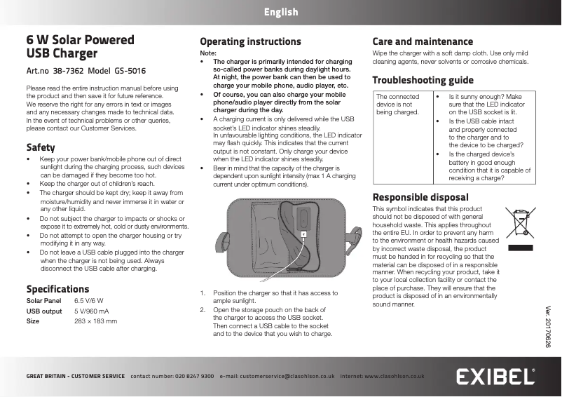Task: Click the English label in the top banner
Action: click(x=281, y=12)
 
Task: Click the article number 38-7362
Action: click(x=68, y=72)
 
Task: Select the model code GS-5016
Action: click(x=130, y=72)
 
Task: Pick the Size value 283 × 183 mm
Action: click(x=95, y=321)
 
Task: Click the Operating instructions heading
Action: click(x=250, y=42)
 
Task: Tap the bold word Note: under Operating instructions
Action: click(x=209, y=53)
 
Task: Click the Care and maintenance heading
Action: click(x=423, y=42)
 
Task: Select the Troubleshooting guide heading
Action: click(x=423, y=80)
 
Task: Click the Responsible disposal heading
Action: click(x=420, y=197)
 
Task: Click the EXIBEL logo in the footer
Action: click(x=497, y=377)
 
